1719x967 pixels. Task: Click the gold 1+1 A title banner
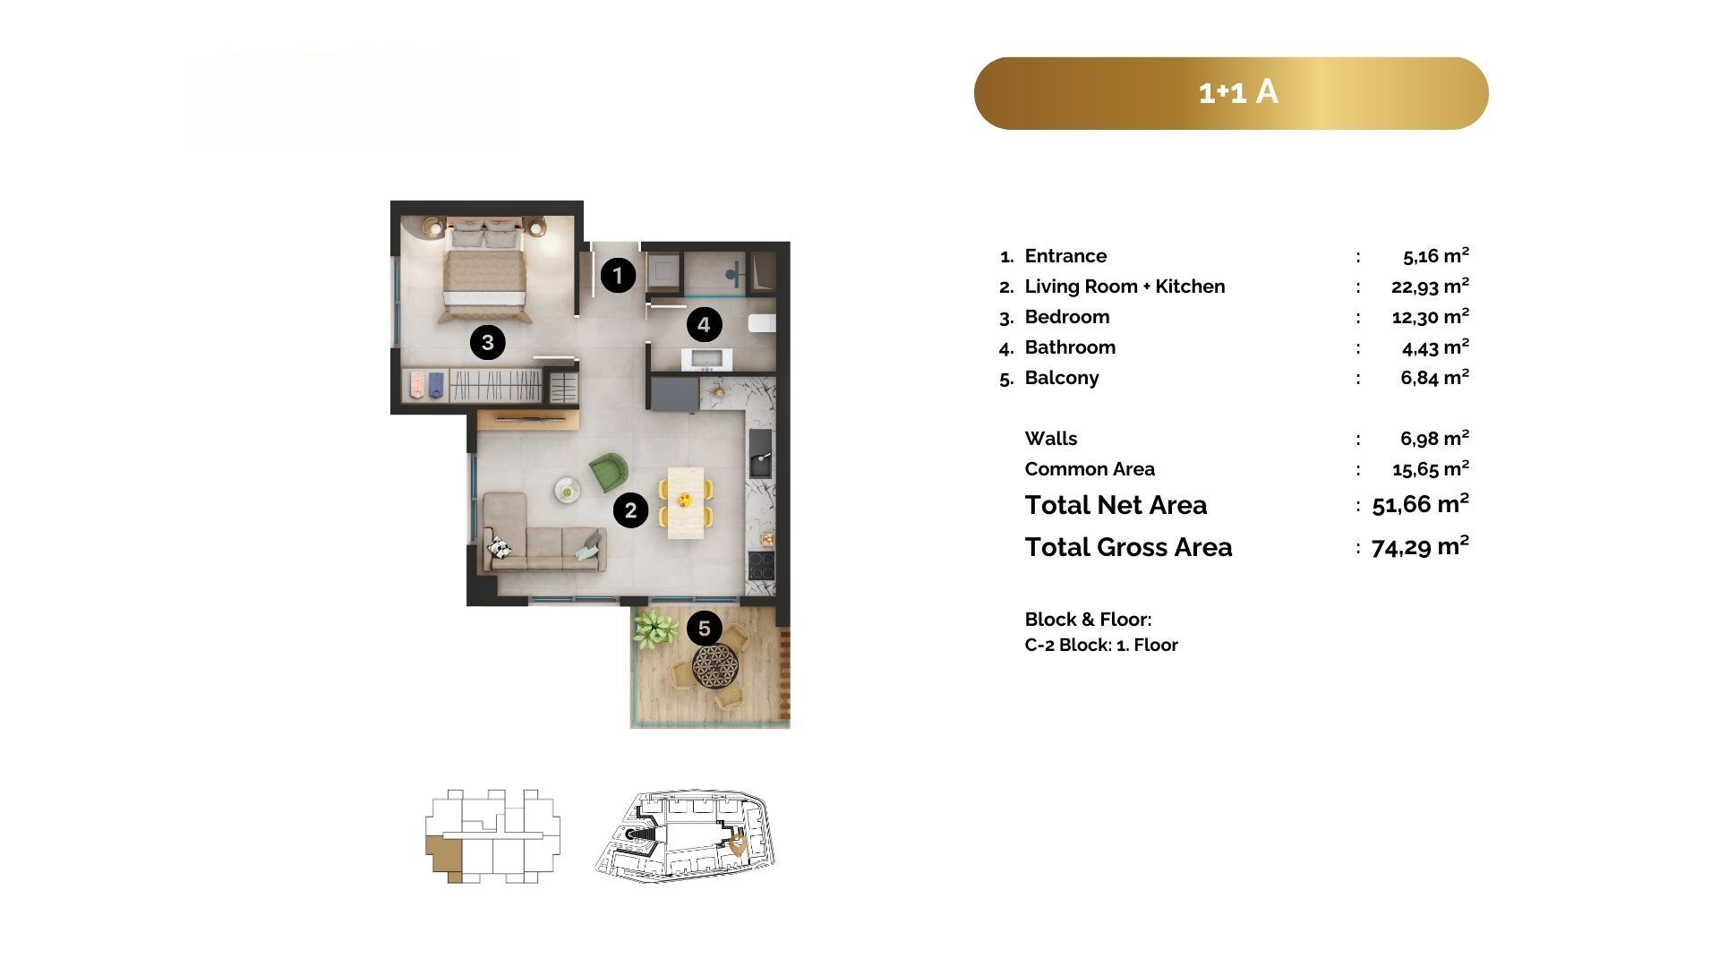pos(1231,93)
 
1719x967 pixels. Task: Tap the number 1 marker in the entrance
pos(618,276)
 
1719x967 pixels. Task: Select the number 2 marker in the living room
pos(631,510)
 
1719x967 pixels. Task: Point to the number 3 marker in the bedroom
pos(488,342)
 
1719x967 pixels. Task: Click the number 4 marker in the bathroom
pos(704,325)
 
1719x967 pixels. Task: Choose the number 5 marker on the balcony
pos(705,629)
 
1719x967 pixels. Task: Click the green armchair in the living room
pos(608,472)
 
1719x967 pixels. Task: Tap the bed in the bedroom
pos(483,272)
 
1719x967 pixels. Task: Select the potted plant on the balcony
pos(655,627)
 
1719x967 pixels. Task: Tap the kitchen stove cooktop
pos(761,565)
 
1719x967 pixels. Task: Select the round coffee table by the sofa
pos(568,490)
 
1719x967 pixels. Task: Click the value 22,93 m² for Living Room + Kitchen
pos(1430,286)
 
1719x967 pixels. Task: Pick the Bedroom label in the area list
pos(1067,317)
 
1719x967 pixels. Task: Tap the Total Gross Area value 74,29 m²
pos(1420,546)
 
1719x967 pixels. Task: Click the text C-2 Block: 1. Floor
pos(1101,645)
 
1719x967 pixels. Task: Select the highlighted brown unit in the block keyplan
pos(444,855)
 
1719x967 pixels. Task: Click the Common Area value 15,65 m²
pos(1431,468)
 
